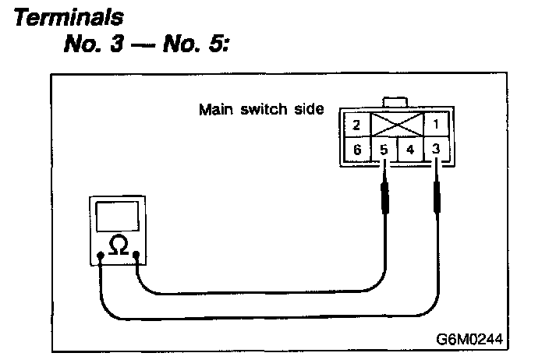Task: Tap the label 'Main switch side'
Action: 261,109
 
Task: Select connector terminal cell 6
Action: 356,149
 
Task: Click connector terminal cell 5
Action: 382,149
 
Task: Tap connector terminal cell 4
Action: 410,149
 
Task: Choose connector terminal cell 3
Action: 437,149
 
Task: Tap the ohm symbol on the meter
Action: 119,245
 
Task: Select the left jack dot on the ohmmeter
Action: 101,255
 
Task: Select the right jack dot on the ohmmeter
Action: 136,254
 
